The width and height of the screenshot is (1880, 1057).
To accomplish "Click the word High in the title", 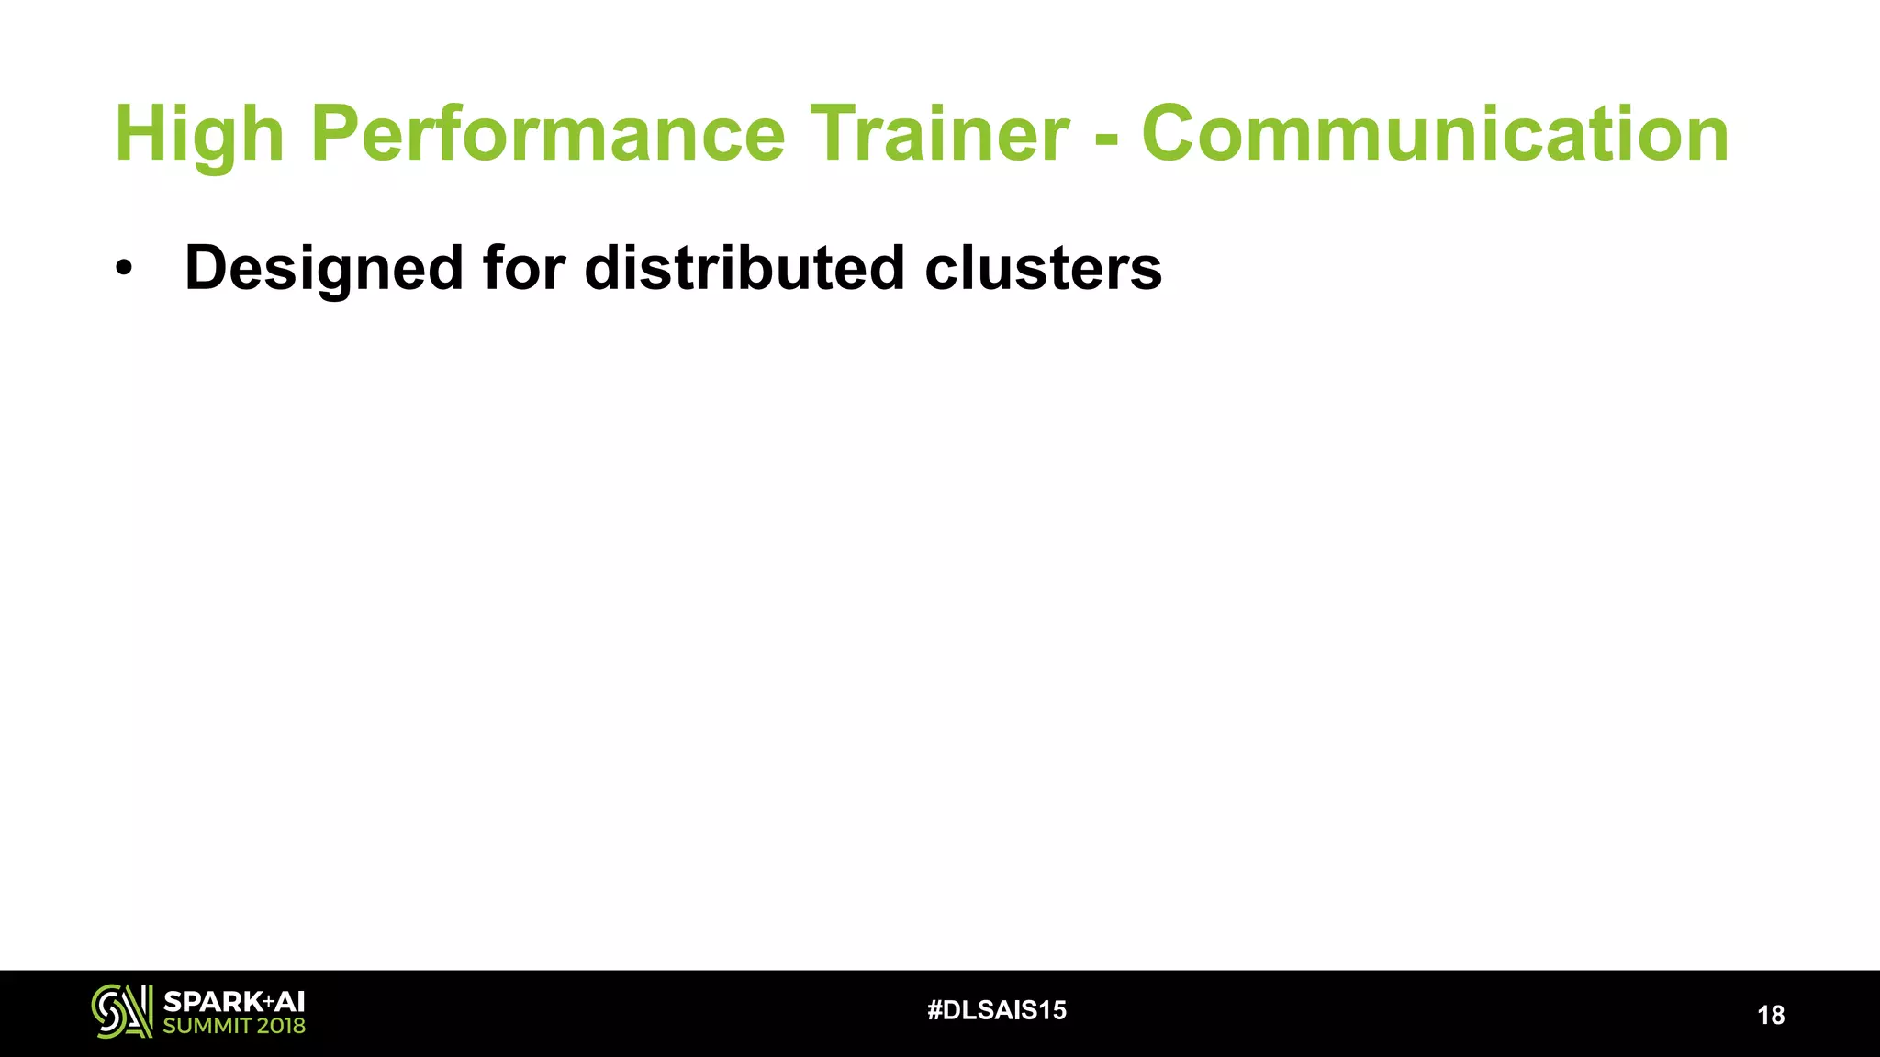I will click(198, 135).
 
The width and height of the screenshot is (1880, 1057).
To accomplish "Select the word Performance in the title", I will click(548, 135).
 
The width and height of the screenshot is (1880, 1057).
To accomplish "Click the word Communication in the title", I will click(1435, 135).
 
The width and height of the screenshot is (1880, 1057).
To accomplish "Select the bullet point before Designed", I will click(124, 269).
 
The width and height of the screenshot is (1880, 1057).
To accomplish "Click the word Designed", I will click(324, 269).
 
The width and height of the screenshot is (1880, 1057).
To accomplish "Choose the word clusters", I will click(1043, 268).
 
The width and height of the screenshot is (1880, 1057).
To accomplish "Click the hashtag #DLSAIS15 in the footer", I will click(997, 1010).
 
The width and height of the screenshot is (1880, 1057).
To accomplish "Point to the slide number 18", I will click(1771, 1015).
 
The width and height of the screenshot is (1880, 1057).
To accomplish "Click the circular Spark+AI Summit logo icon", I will click(121, 1011).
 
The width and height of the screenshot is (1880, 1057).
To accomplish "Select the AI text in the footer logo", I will click(290, 1002).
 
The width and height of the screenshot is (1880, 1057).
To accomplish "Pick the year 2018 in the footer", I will click(281, 1026).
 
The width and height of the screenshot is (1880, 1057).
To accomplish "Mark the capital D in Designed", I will click(207, 269).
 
